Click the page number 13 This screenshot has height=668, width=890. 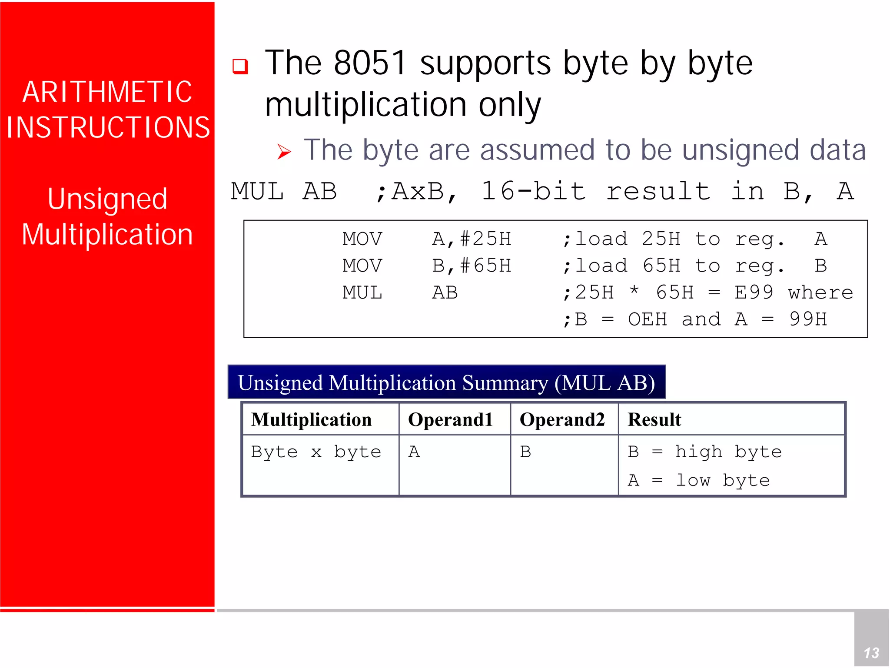(871, 653)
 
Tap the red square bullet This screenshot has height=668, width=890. (240, 66)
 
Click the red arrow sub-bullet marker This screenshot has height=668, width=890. (284, 152)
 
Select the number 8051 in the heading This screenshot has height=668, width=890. (370, 63)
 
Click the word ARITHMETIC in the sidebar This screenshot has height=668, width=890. (107, 92)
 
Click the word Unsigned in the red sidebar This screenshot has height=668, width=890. (107, 199)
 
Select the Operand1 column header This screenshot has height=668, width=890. (450, 419)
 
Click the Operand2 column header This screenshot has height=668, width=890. (562, 419)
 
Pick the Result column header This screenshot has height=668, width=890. (654, 419)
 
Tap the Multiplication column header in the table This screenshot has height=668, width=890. (312, 419)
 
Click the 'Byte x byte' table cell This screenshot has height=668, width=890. (316, 452)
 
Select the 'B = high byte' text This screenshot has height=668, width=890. (704, 452)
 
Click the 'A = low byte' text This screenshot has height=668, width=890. (698, 480)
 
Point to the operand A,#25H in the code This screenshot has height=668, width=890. (472, 239)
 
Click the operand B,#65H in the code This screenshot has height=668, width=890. (472, 266)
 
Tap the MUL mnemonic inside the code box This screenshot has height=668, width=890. (362, 292)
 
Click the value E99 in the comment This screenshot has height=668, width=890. (754, 292)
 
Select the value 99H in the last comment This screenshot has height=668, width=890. (808, 319)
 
